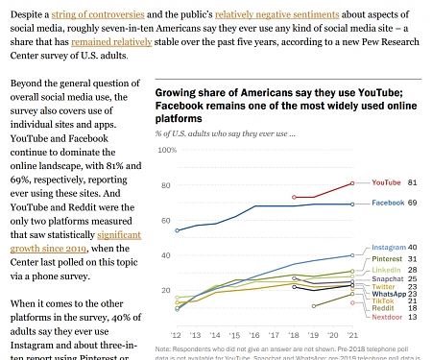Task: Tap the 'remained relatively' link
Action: [108, 43]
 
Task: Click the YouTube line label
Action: [386, 181]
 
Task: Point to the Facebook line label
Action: [387, 204]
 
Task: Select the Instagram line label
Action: [388, 248]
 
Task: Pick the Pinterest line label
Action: [387, 259]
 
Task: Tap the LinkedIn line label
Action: [387, 270]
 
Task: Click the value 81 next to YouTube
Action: [412, 181]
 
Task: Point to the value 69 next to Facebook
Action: [412, 204]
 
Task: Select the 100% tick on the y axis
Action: [167, 151]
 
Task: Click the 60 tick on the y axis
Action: [170, 220]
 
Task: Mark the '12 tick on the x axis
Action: [177, 334]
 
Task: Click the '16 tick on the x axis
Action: [255, 334]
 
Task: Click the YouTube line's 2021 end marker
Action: [352, 182]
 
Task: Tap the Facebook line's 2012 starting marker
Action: [178, 230]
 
